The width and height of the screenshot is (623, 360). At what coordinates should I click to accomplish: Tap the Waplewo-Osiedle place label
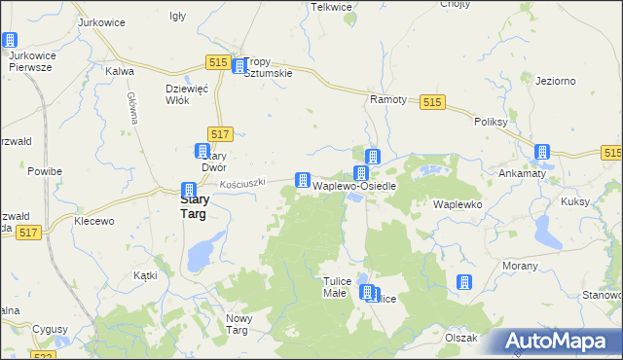(353, 185)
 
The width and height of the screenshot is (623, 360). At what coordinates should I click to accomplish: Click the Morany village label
(519, 266)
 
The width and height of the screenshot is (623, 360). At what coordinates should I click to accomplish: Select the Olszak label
(460, 338)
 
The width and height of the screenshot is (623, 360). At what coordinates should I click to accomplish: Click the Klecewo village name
(94, 221)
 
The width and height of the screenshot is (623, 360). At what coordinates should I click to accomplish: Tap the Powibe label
(45, 171)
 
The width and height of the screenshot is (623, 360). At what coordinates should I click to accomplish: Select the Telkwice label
(330, 7)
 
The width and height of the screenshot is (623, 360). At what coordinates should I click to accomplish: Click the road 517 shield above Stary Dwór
(220, 133)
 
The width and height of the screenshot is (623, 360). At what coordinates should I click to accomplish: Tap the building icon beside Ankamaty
(542, 152)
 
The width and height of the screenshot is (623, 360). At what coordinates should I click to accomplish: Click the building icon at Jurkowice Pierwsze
(10, 41)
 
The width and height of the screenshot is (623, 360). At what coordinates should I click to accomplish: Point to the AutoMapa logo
(552, 342)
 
